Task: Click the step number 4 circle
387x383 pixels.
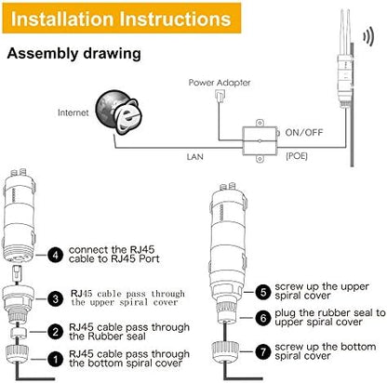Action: [x=56, y=256]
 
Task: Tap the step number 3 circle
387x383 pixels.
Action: [x=56, y=299]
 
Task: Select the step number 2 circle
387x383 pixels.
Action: [x=56, y=332]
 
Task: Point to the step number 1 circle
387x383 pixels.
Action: [x=56, y=360]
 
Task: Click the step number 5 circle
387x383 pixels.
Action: [x=263, y=292]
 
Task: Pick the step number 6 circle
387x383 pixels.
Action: [x=263, y=318]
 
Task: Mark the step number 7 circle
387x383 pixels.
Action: [x=263, y=351]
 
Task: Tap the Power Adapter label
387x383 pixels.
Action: [x=220, y=83]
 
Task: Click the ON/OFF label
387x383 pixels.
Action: [x=304, y=133]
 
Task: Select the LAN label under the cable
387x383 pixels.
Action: [x=195, y=157]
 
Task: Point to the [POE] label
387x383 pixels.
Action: [x=297, y=156]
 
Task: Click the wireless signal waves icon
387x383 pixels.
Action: [x=368, y=36]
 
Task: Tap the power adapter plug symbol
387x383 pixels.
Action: [x=220, y=96]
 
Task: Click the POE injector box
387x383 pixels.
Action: [x=260, y=141]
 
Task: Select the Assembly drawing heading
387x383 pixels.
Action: [x=73, y=53]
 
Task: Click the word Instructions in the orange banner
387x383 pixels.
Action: [x=175, y=19]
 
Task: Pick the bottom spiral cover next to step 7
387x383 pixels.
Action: [x=226, y=352]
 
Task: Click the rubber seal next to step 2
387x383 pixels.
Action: [x=19, y=334]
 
